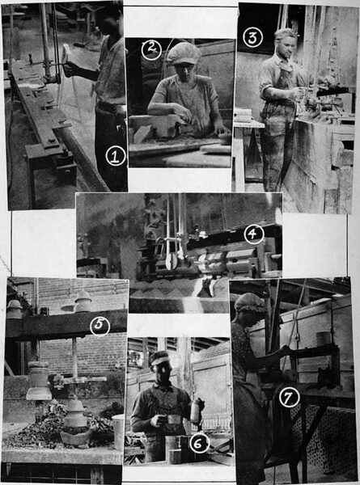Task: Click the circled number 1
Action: point(116,157)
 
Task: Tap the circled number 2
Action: point(151,48)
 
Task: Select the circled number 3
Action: point(252,37)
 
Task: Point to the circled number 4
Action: point(253,234)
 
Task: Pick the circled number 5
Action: point(99,327)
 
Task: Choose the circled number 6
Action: point(197,442)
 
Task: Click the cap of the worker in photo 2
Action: point(183,53)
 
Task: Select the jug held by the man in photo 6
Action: point(195,411)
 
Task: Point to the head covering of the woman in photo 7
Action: point(249,304)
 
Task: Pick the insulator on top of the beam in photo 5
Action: point(83,302)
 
